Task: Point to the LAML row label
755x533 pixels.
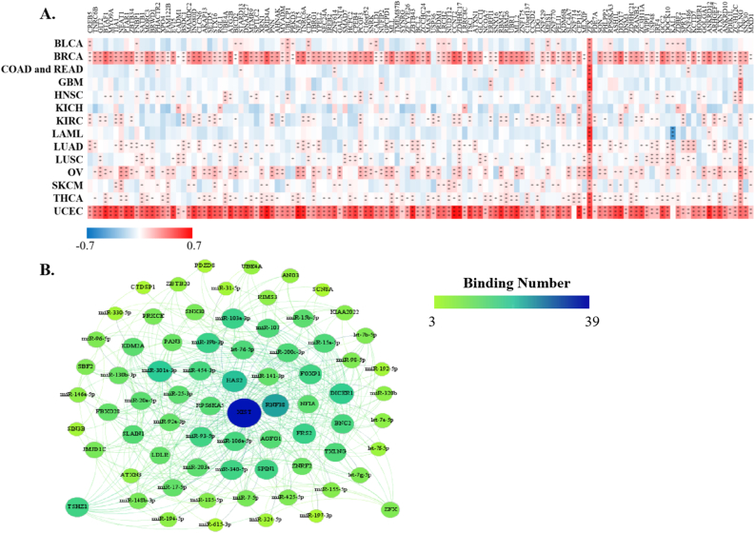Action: [66, 134]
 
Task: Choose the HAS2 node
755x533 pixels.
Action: [234, 380]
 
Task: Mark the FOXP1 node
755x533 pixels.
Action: [309, 372]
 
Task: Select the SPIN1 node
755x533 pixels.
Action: [267, 468]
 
